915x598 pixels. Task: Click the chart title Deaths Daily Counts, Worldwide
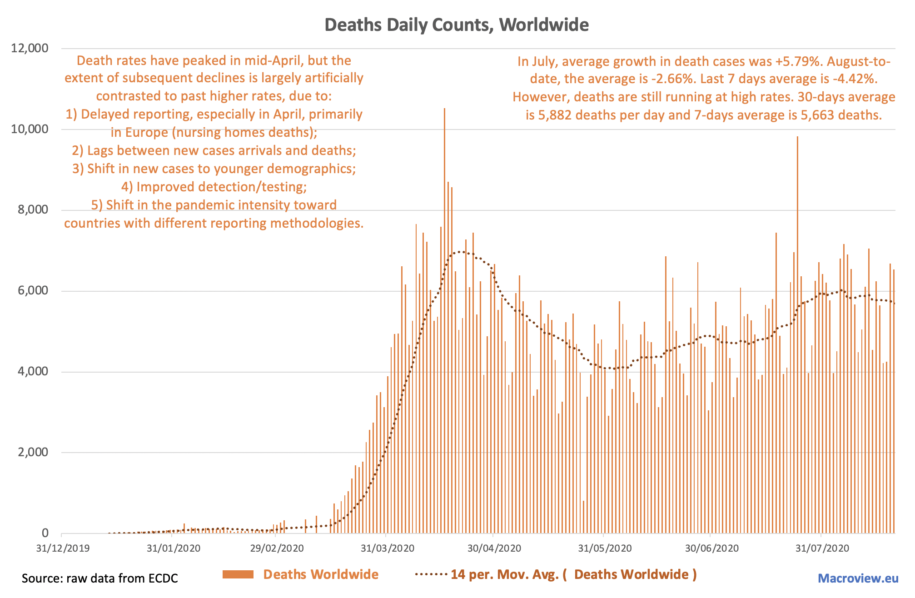point(457,25)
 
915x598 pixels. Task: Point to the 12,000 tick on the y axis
point(29,48)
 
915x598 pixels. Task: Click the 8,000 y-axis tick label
point(29,210)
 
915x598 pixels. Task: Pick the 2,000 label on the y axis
point(29,453)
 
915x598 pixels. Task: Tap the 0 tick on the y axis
point(45,533)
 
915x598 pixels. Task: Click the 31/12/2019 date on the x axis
point(63,548)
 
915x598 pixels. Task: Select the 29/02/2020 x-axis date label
point(277,548)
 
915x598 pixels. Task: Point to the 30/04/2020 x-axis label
point(494,548)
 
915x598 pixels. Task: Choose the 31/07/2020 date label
point(822,548)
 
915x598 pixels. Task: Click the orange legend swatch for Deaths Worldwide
point(238,575)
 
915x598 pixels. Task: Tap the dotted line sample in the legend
point(431,575)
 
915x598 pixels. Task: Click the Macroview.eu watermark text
point(858,578)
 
